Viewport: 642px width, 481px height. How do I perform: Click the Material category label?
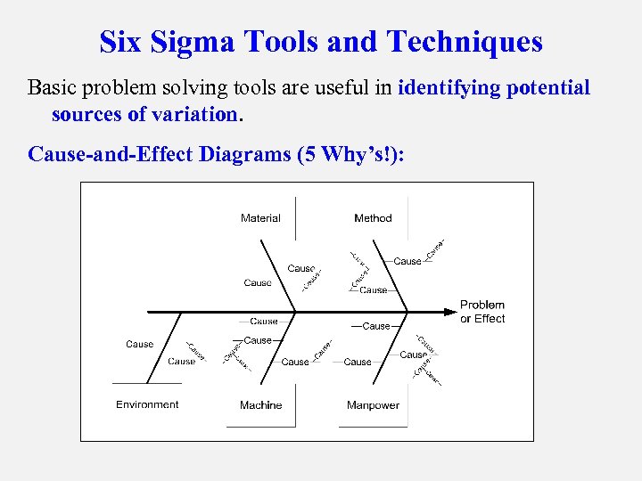(x=260, y=218)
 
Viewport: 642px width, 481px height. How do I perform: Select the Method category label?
(x=373, y=218)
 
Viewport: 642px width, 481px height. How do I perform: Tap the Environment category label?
(x=147, y=404)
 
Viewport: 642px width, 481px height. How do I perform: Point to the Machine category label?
(x=260, y=405)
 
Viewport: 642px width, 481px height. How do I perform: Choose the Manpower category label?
(x=373, y=405)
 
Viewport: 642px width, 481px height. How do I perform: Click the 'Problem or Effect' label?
(x=482, y=312)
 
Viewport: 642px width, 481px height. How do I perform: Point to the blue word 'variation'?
(x=193, y=115)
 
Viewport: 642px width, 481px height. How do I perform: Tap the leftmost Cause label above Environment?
(x=139, y=344)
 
